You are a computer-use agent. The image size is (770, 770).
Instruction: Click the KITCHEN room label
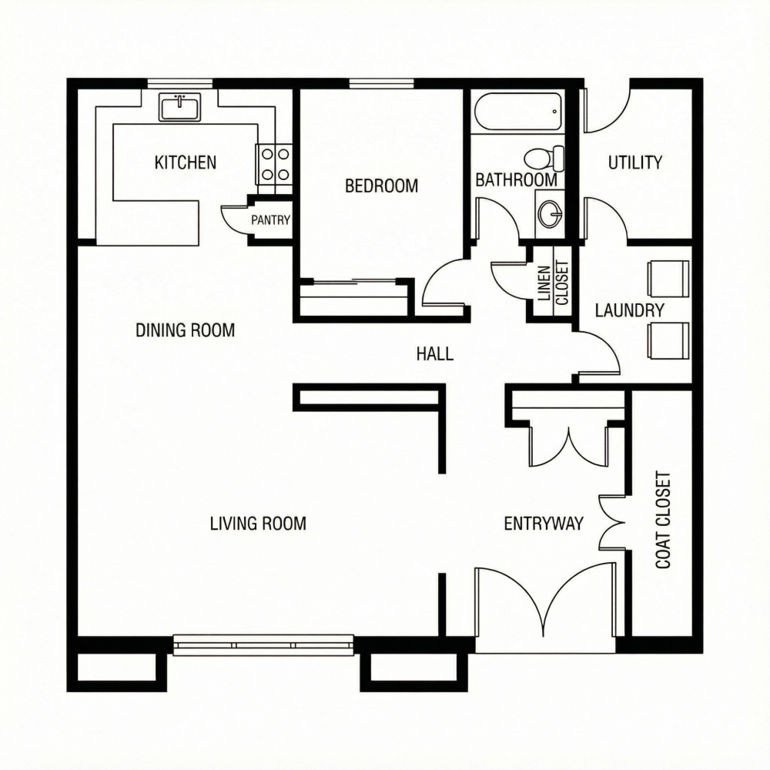point(186,162)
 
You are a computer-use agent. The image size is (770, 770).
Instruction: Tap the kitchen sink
point(179,107)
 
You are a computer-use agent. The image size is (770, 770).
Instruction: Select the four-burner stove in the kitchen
point(275,164)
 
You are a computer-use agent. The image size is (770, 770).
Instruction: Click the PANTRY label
point(271,220)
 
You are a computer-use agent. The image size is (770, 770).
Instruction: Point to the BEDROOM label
point(381,186)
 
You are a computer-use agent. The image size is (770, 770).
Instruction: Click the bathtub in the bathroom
point(517,113)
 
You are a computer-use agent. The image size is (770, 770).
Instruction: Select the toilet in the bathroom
point(544,159)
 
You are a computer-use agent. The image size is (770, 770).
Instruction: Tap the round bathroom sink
point(550,213)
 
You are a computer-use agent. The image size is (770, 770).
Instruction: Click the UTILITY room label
point(635,162)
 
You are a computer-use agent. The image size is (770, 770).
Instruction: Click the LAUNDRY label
point(629,311)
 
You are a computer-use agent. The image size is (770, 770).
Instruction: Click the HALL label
point(435,354)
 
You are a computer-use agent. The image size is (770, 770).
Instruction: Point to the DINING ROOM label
point(185,330)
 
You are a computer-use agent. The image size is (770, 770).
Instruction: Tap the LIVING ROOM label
point(258,524)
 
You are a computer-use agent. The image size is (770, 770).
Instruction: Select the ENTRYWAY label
point(544,524)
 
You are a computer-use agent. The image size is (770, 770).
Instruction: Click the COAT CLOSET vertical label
point(663,521)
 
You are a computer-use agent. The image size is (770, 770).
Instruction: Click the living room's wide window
point(263,644)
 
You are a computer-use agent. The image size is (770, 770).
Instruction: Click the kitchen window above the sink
point(179,83)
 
